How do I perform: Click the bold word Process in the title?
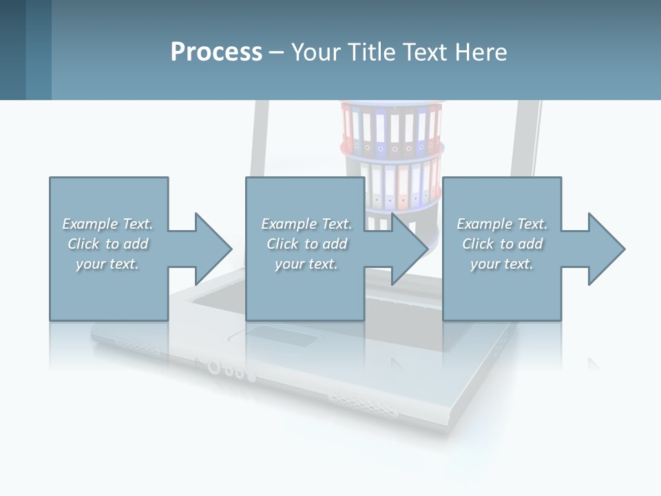[216, 52]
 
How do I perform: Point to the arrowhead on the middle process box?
[408, 249]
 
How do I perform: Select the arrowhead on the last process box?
[605, 249]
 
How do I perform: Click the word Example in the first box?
[90, 224]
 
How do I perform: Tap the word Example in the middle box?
[288, 224]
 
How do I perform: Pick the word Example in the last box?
[484, 224]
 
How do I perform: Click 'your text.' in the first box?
[107, 264]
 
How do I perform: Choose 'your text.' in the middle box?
[306, 264]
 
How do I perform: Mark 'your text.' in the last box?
[502, 264]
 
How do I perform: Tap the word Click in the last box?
[479, 244]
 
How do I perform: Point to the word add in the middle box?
[335, 244]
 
